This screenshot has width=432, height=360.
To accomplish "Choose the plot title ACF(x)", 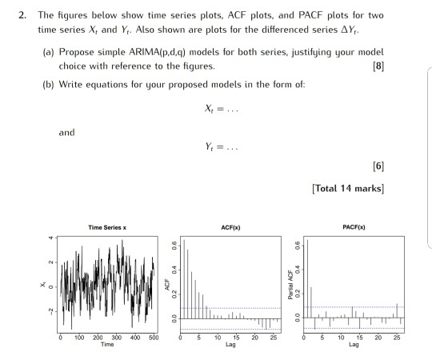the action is click(230, 229).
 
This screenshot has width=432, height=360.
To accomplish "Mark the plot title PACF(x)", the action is click(353, 229).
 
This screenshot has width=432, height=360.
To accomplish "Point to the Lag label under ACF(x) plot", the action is click(230, 345).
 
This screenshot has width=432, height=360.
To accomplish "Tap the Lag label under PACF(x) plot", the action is click(353, 345).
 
